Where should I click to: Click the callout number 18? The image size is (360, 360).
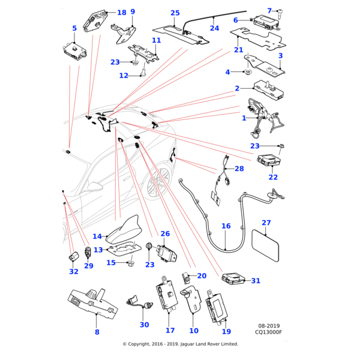click(x=138, y=13)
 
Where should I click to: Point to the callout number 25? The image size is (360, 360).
click(x=191, y=13)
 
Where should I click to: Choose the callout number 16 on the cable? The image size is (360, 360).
click(x=226, y=226)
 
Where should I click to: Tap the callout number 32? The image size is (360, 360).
click(x=73, y=271)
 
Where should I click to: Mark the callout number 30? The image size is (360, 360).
click(x=144, y=325)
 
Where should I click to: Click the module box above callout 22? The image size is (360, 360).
click(x=268, y=160)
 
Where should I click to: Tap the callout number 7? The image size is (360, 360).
click(x=286, y=11)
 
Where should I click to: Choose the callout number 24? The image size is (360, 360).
click(x=231, y=28)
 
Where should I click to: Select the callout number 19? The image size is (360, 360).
click(x=226, y=331)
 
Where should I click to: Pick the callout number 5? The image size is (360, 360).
click(x=74, y=28)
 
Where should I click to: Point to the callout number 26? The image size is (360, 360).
click(x=165, y=233)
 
